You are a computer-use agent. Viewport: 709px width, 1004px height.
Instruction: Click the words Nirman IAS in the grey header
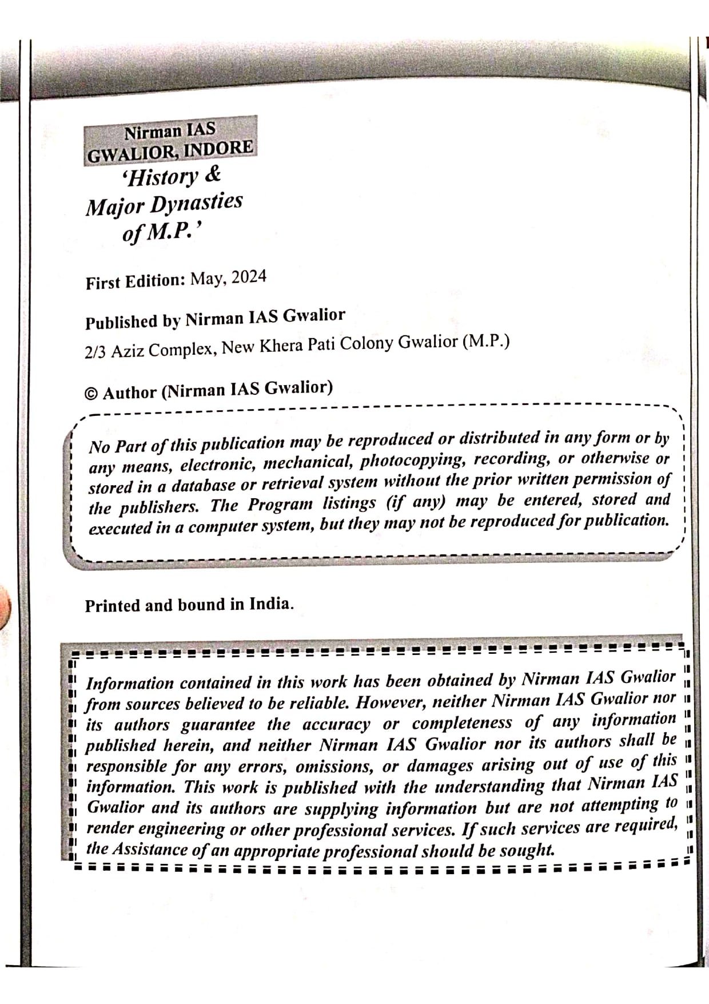[170, 131]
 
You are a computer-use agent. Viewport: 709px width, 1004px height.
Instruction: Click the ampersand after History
[212, 174]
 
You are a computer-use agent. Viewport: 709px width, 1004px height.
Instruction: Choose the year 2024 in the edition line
[249, 277]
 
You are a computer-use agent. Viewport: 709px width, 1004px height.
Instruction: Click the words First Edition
[135, 281]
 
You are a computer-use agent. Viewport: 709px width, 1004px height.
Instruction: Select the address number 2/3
[95, 352]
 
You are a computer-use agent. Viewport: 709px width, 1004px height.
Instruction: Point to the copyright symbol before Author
[90, 394]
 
